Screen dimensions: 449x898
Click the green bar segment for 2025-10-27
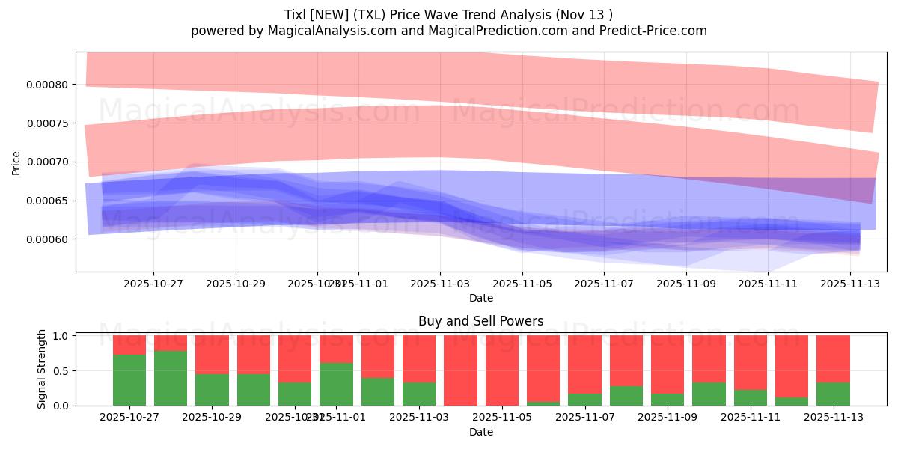(129, 380)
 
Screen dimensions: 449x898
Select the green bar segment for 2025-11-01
(336, 384)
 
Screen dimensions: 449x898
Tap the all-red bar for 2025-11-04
(460, 370)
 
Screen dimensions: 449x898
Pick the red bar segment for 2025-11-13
(833, 358)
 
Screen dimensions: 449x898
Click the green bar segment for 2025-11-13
(833, 394)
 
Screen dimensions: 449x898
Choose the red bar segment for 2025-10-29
(212, 354)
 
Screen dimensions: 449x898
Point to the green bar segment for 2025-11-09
(667, 400)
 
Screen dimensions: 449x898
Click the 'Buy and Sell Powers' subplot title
(480, 321)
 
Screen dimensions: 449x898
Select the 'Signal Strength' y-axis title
(42, 369)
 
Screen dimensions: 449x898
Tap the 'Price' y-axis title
(16, 162)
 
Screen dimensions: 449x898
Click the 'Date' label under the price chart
(480, 298)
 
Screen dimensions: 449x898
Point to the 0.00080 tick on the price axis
(47, 85)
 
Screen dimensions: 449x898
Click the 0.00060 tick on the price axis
(47, 239)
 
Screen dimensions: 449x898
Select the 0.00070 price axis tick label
(47, 162)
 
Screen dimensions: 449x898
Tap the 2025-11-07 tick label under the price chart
(604, 284)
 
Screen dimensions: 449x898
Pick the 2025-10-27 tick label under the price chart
(153, 284)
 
